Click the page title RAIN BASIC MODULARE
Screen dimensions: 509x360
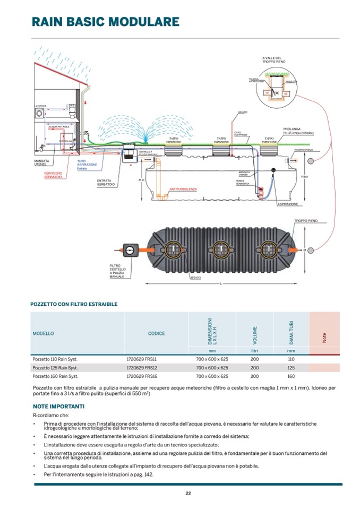[105, 22]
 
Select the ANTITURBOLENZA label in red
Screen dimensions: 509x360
[184, 188]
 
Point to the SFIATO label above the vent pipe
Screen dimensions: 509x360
[243, 113]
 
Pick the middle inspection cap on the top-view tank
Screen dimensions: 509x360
[220, 248]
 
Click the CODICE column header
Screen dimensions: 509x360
[156, 333]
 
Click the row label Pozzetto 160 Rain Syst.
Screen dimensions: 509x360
[55, 376]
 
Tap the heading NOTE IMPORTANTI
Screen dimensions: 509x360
[58, 406]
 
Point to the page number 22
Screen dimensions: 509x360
[187, 493]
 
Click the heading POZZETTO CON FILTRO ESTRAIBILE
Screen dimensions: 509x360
[74, 304]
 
